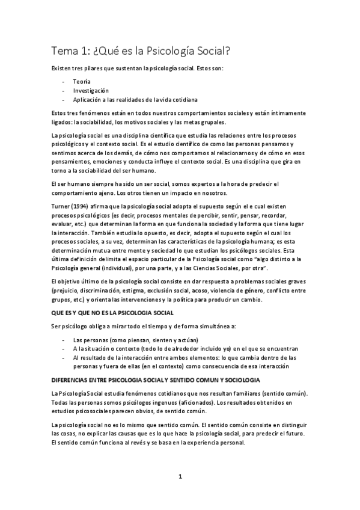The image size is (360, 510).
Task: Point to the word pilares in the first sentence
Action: point(103,69)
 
